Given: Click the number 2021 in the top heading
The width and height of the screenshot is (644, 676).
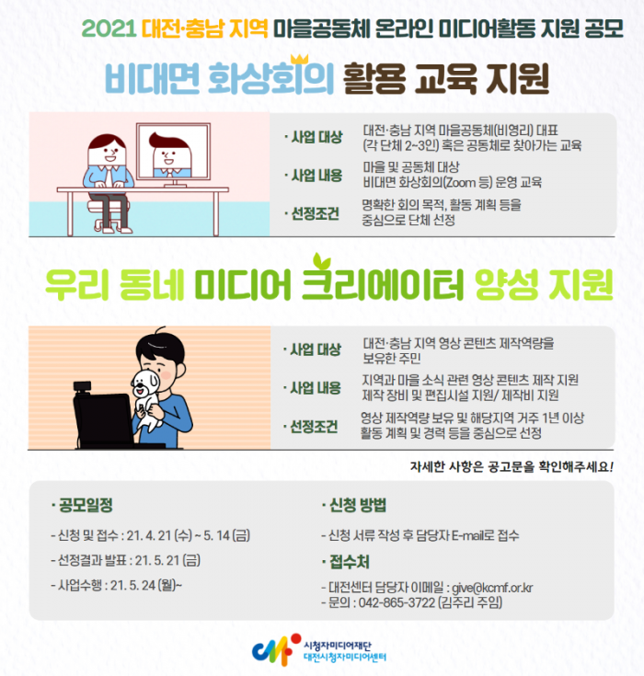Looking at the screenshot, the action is (109, 29).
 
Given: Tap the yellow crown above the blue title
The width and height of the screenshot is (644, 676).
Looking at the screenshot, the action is (299, 59).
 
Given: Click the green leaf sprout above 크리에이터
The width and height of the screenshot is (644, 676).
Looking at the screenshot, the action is (322, 260).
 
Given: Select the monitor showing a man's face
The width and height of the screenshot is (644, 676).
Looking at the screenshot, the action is (173, 155).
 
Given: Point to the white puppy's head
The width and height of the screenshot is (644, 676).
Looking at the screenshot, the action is (145, 383).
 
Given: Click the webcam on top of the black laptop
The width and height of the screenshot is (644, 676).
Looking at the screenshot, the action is (83, 386).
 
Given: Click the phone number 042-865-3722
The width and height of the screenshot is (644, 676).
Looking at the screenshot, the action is (397, 602).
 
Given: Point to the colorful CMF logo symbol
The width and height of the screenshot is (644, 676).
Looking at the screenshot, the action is (277, 649).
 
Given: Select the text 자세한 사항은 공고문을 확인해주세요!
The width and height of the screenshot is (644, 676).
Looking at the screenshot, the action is (512, 466).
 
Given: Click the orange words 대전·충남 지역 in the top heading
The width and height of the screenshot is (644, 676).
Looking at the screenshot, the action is (205, 29).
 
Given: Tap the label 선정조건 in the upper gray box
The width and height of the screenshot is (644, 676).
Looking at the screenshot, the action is (316, 213).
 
